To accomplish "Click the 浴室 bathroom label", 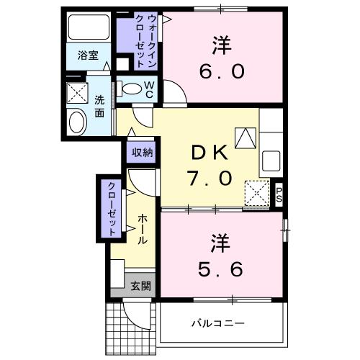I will pos(89,55).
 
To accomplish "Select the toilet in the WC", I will pos(132,89).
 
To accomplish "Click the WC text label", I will pos(149,89).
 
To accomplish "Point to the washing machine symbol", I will pos(76,93).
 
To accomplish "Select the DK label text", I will pos(210,153).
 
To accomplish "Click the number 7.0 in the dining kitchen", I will pos(210,177).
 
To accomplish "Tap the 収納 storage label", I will pos(142,152).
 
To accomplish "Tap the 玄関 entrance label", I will pos(140,285).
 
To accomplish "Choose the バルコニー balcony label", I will pos(217,323).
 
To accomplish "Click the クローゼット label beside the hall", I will pos(112,208).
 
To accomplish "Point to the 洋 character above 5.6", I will pos(221,240).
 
